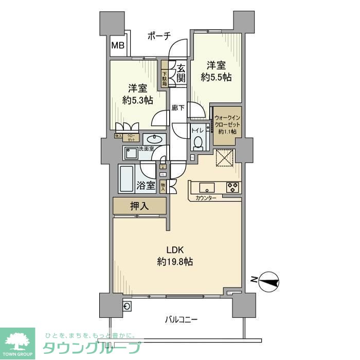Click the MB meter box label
[118, 45]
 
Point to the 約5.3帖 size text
[138, 100]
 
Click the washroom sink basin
[153, 139]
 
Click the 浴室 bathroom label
[146, 185]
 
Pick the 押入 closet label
[139, 206]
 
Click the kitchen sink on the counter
[207, 187]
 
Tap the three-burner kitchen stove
[232, 187]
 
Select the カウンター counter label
[206, 198]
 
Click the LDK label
[175, 250]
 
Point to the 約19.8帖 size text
[175, 262]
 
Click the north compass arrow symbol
[268, 280]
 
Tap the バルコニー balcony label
[181, 319]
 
